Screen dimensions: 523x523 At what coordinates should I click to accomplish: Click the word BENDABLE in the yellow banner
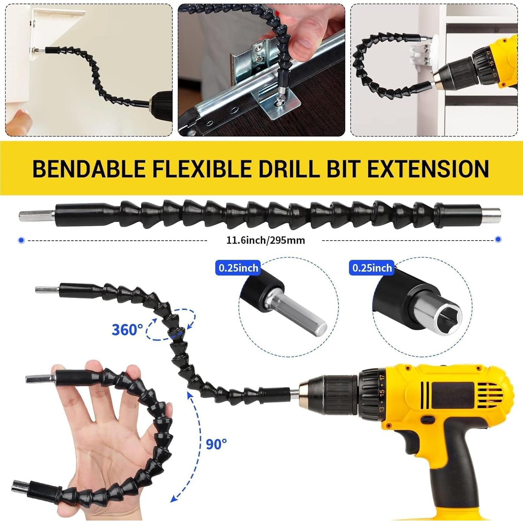click(x=89, y=169)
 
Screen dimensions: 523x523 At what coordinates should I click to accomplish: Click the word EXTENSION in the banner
click(x=428, y=169)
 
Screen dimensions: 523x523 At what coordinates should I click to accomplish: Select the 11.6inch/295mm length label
click(x=265, y=240)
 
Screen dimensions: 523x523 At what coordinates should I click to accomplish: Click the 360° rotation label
click(x=127, y=329)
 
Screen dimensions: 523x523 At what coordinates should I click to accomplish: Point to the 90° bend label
click(x=216, y=444)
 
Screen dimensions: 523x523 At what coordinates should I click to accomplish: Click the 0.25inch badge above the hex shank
click(x=238, y=268)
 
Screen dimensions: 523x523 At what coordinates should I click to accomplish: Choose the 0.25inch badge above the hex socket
click(x=372, y=268)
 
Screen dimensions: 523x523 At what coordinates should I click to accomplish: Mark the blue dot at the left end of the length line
click(x=22, y=240)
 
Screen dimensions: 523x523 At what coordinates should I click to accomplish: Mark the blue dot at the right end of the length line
click(x=498, y=239)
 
